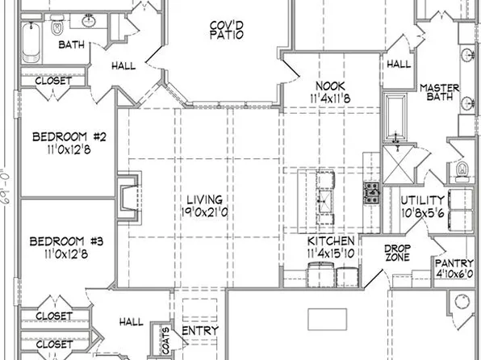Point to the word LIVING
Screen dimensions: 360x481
pos(205,199)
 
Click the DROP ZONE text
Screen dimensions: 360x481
pos(397,253)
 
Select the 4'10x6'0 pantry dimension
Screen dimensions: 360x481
pos(454,274)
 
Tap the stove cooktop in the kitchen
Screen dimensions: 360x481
pos(372,192)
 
